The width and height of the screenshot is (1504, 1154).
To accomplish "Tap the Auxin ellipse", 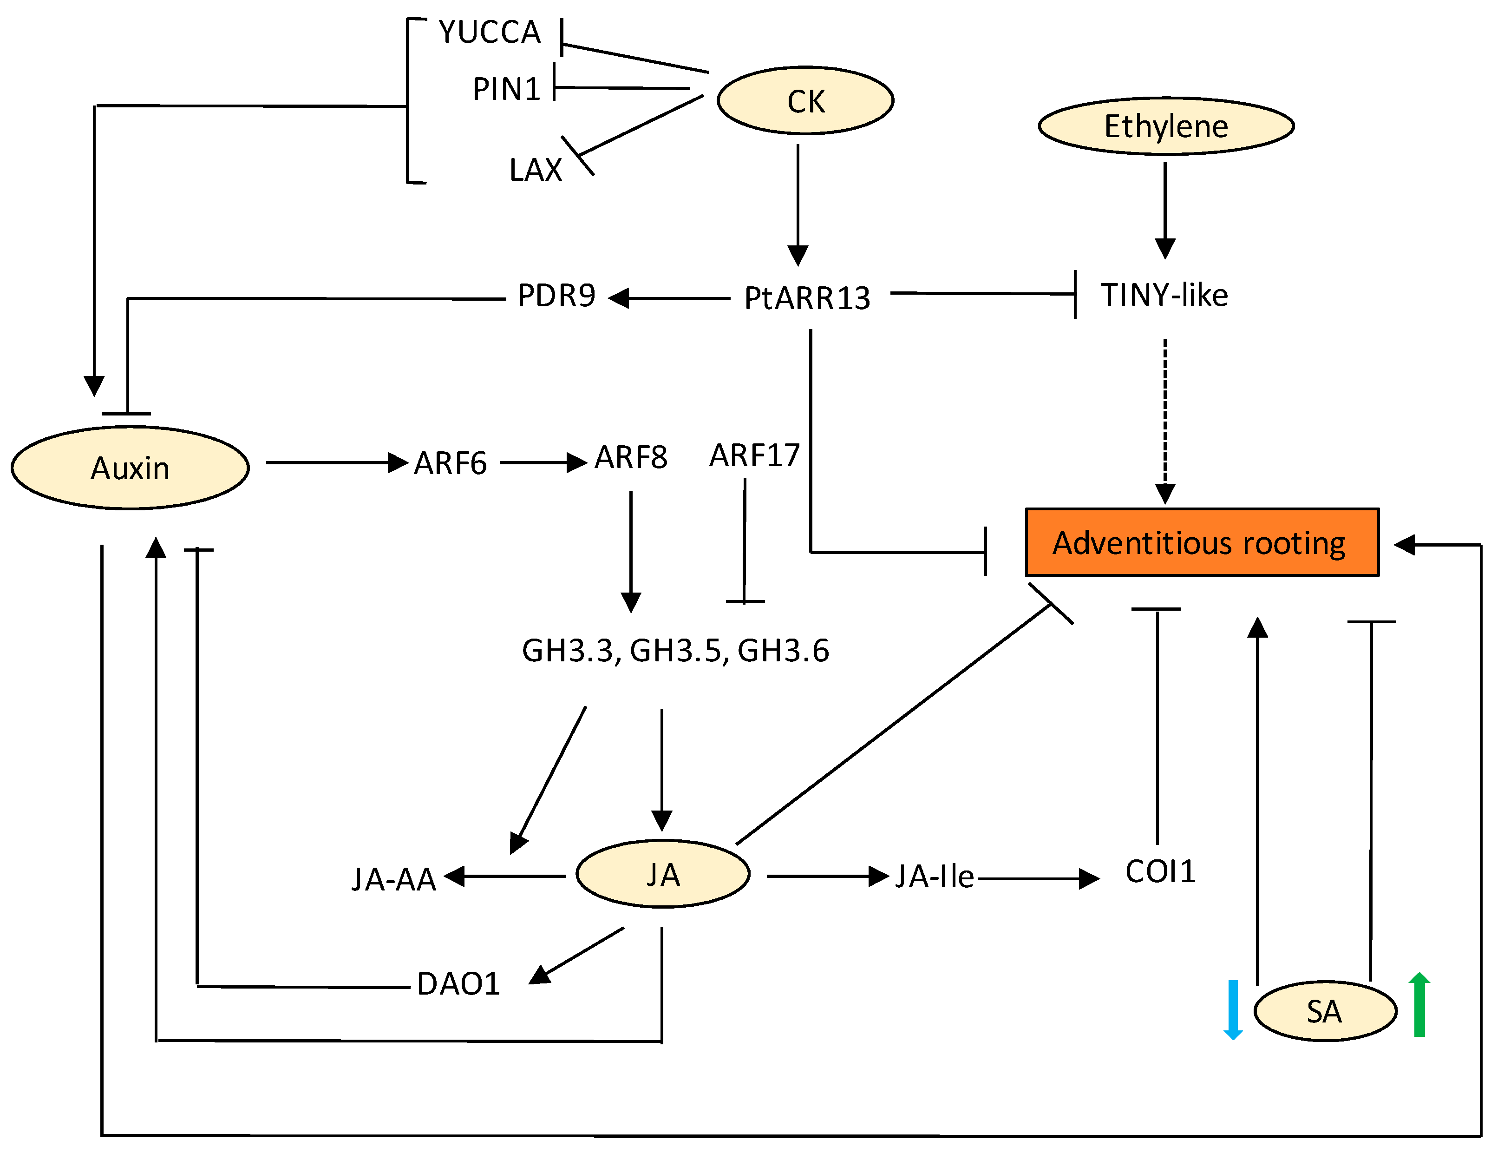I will pos(130,468).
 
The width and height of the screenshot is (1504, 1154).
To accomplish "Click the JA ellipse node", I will pos(662,874).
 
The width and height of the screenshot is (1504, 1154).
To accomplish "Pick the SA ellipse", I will pos(1324,1011).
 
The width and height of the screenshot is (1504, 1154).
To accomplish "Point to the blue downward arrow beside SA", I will pos(1233,1009).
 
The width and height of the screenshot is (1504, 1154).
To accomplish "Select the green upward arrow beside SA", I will pos(1419,1004).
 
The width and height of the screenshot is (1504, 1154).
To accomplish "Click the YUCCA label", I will pos(490,32).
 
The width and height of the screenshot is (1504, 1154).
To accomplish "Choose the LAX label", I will pos(536,170).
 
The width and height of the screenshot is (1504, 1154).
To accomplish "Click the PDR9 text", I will pos(556,296).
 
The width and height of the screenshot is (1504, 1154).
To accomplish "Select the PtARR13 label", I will pos(807,298).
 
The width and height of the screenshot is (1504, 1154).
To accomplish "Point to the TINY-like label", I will pos(1164,295).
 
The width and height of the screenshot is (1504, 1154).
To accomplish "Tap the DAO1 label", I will pos(458,983).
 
